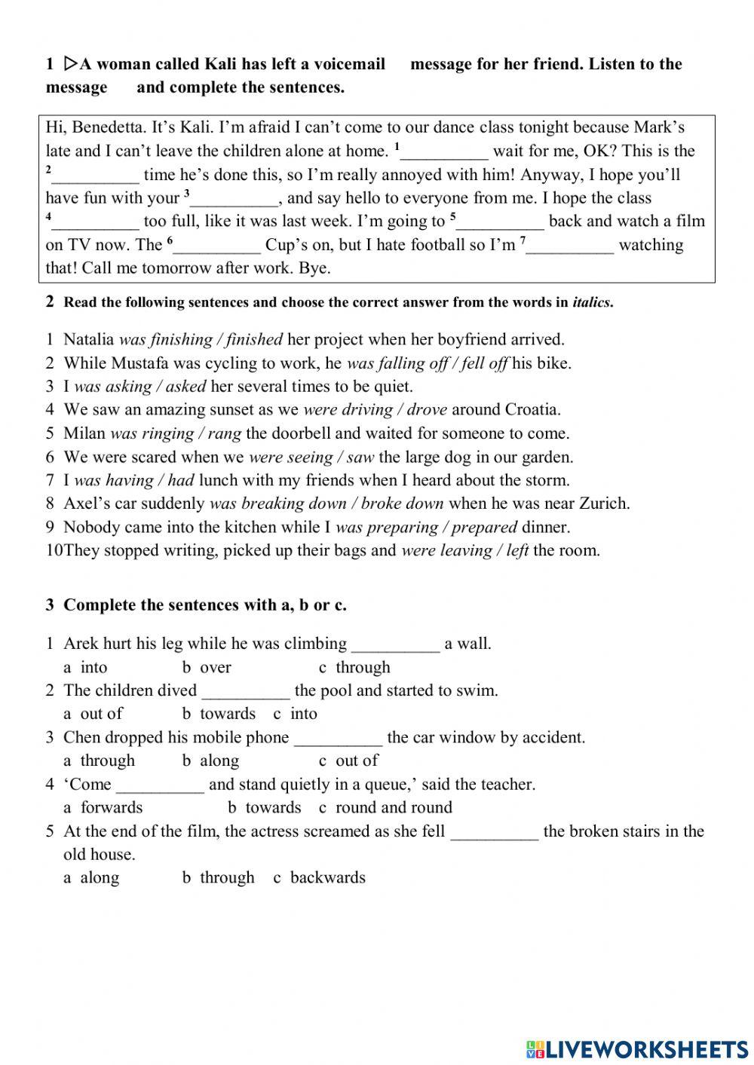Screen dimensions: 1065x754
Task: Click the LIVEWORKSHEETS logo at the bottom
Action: (x=637, y=1048)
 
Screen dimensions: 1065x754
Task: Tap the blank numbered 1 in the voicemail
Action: (x=445, y=151)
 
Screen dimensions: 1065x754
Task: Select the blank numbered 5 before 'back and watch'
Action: (x=501, y=222)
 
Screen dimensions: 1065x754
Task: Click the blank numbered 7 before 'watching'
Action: (x=571, y=245)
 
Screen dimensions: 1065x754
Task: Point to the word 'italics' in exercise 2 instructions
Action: (x=591, y=303)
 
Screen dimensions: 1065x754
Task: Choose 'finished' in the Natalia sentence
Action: (x=254, y=339)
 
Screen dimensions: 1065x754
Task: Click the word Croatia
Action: (x=532, y=410)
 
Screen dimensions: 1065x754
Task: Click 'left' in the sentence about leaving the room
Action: (x=517, y=550)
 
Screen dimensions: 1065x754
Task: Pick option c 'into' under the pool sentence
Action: (x=303, y=714)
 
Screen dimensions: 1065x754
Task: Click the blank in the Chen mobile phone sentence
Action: (x=338, y=738)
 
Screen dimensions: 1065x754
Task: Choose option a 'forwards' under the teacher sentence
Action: (x=111, y=807)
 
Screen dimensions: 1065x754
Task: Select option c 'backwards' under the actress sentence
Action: (x=327, y=877)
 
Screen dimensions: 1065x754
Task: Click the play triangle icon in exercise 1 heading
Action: (x=70, y=63)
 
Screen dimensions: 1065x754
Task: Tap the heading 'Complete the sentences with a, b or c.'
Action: (x=205, y=605)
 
